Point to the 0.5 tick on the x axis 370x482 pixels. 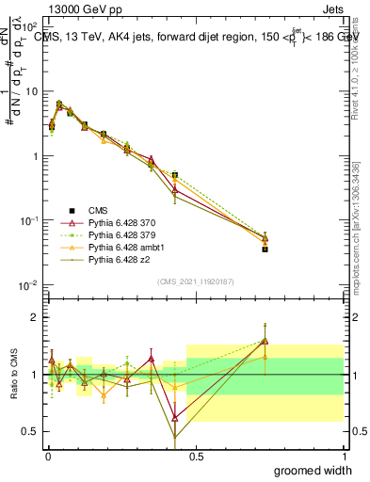196,456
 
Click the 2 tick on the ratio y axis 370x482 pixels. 33,317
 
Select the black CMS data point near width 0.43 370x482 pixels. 175,175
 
